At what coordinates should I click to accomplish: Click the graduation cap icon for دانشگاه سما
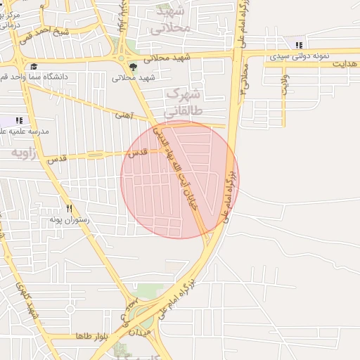click(x=33, y=66)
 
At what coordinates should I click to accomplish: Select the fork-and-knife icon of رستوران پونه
click(x=69, y=208)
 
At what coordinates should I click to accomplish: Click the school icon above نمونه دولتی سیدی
click(x=300, y=45)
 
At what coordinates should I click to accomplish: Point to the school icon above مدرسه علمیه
click(x=18, y=121)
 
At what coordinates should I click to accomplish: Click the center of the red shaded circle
click(x=179, y=179)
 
